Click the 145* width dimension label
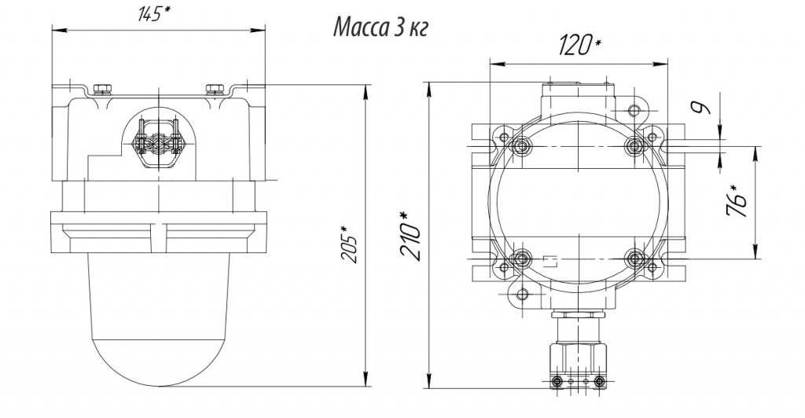154,14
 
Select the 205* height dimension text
351,244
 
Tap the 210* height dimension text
412,236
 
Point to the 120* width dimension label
579,46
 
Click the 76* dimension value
738,202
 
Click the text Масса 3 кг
380,27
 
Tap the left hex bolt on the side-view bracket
103,89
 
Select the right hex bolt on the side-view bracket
214,89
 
